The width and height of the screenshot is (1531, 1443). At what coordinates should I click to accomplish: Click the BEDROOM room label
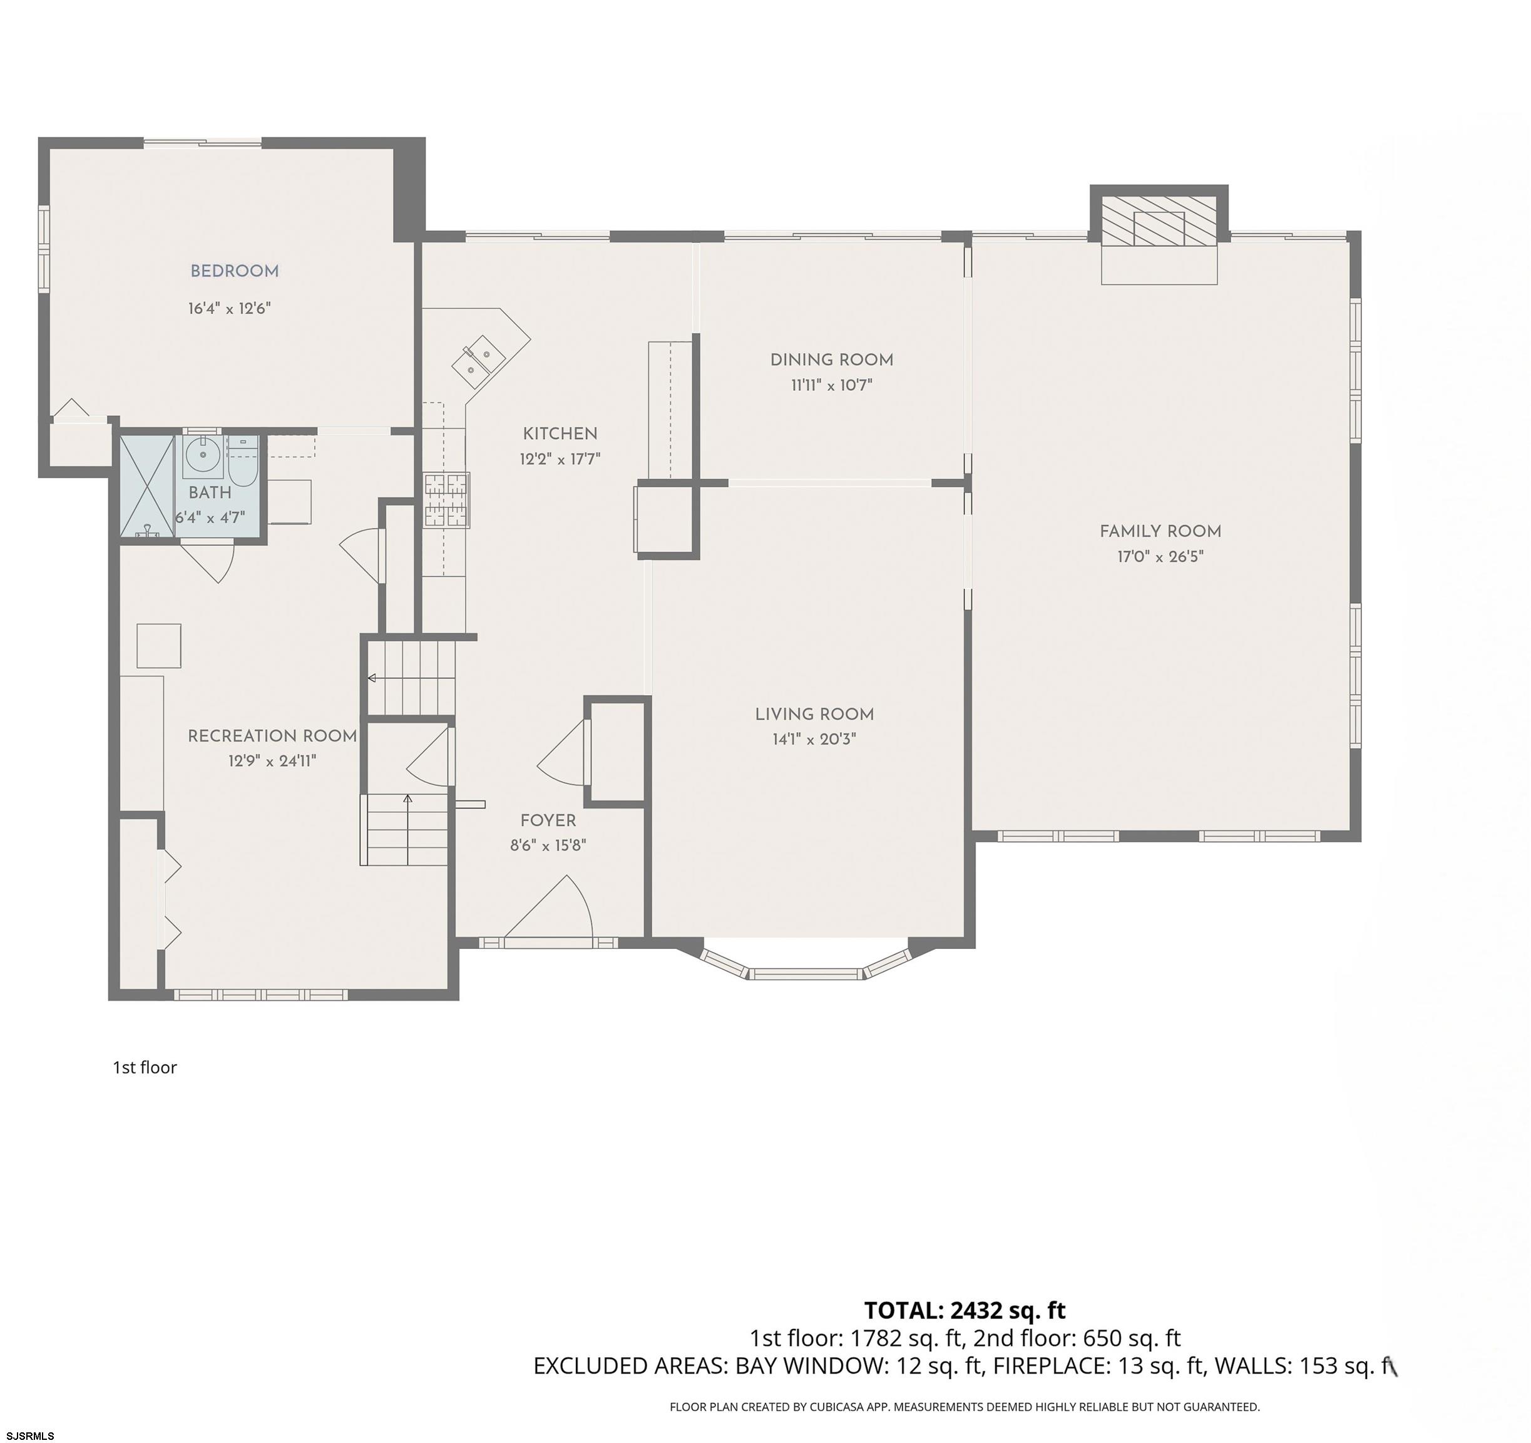234,271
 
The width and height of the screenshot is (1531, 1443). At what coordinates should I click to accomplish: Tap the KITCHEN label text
560,434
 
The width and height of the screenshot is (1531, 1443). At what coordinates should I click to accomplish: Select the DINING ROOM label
832,359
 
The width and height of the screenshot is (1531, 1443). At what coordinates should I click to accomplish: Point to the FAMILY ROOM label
1160,531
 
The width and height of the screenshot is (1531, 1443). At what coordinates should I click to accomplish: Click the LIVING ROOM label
814,714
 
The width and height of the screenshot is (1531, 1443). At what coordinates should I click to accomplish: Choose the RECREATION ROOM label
272,736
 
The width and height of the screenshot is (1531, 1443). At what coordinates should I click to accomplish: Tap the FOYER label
548,820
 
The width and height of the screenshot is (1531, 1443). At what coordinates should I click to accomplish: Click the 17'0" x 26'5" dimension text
1160,556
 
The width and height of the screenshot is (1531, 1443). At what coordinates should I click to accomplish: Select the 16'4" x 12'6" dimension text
230,309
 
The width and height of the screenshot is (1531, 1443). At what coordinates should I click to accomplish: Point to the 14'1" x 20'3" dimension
814,740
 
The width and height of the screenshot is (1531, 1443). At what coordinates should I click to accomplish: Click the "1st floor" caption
145,1067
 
